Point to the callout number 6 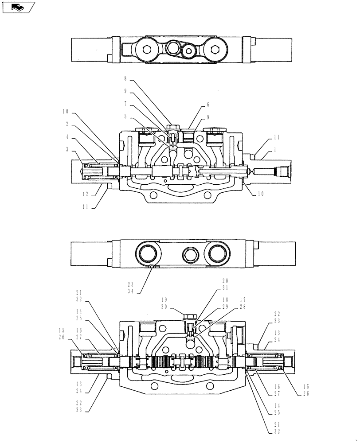(207, 105)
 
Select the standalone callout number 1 (275, 150)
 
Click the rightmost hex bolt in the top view (216, 50)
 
